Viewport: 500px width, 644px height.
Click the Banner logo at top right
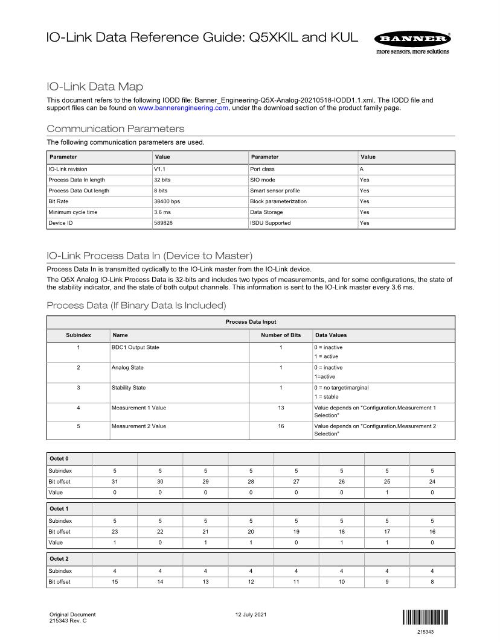[x=412, y=39]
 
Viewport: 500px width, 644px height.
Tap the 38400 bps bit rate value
[x=167, y=201]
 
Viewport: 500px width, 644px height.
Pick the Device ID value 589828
[x=164, y=223]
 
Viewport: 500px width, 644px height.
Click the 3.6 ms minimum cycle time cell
[x=162, y=212]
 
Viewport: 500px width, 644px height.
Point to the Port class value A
[x=362, y=169]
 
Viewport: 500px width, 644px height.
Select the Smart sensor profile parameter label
[x=275, y=191]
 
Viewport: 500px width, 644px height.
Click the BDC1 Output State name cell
[x=135, y=347]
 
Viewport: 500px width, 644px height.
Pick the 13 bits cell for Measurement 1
[x=281, y=408]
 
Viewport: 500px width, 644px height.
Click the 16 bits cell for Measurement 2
[x=281, y=426]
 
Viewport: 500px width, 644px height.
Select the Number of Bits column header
[x=281, y=335]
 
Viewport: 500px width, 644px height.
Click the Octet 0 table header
[x=59, y=459]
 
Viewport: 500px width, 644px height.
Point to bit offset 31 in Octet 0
[x=115, y=481]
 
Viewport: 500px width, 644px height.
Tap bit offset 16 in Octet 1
[x=432, y=532]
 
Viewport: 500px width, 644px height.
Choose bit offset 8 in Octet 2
[x=432, y=582]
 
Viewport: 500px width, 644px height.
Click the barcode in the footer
[x=425, y=617]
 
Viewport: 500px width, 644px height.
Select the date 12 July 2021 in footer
[x=252, y=615]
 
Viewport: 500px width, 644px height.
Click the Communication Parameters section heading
[x=115, y=129]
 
